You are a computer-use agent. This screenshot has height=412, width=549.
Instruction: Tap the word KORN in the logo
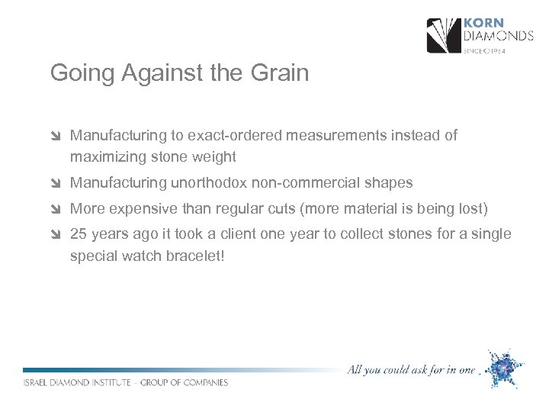point(483,23)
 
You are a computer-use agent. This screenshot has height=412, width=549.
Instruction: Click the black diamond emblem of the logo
point(443,36)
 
